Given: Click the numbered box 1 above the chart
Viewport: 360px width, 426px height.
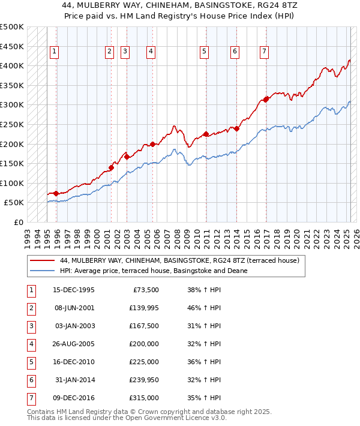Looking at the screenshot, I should click(x=54, y=52).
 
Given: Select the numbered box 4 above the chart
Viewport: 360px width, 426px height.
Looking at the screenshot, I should click(x=150, y=52).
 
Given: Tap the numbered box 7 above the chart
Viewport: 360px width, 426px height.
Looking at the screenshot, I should click(x=264, y=52).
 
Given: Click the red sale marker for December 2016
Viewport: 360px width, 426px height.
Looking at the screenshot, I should click(x=266, y=99).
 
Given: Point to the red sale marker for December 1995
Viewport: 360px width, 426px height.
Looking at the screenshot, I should click(x=56, y=193).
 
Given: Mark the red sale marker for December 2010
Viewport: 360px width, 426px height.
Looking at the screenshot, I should click(x=206, y=134).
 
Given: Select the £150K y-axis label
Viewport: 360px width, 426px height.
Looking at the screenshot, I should click(x=12, y=163).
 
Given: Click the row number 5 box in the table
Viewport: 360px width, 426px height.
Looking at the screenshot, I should click(x=30, y=362).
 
